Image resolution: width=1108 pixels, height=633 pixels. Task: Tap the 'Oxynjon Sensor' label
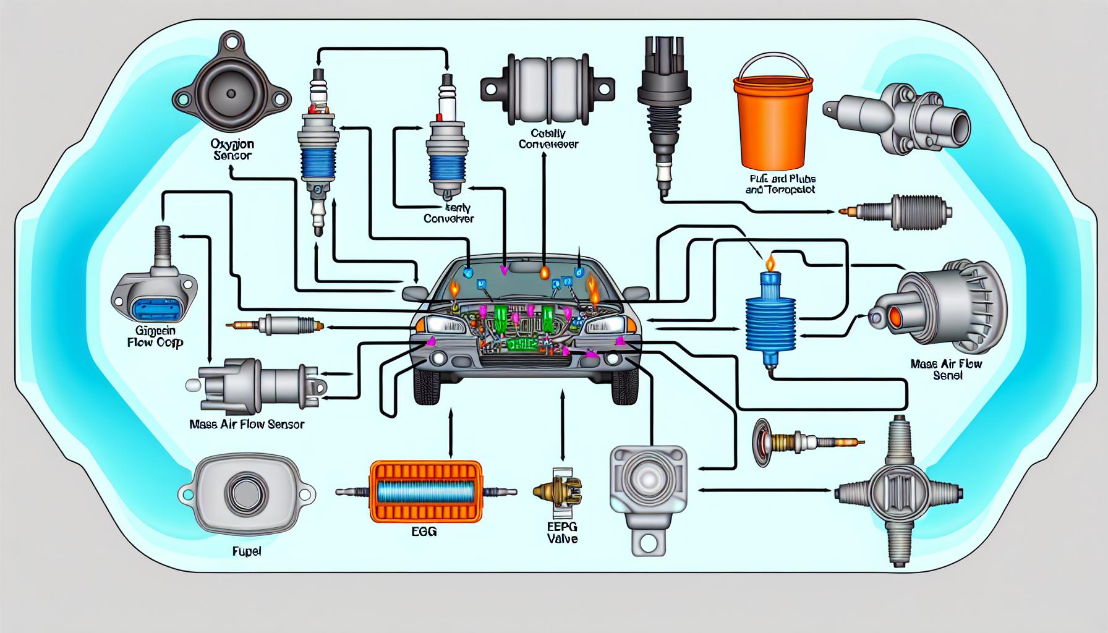(232, 150)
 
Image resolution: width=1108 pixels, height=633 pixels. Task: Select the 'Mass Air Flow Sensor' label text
(247, 425)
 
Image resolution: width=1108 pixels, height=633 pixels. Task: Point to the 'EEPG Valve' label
(561, 532)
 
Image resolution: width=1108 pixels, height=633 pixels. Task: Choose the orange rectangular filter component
(425, 491)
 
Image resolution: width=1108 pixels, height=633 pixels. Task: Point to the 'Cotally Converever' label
(548, 138)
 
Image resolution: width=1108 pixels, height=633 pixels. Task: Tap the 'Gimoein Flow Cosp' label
(154, 335)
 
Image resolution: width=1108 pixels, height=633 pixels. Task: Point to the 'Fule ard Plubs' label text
(780, 184)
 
